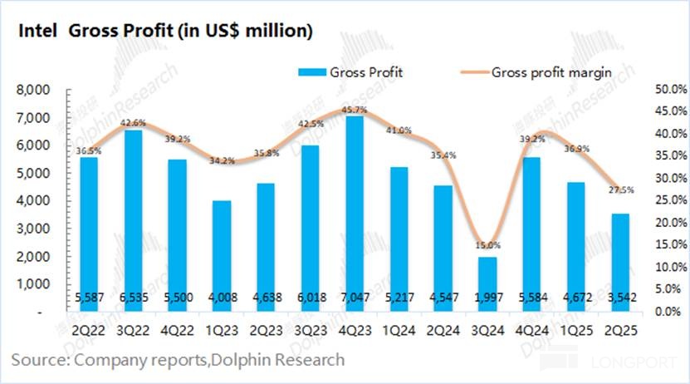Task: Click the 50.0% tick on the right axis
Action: pos(661,90)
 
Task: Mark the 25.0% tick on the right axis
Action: pos(661,200)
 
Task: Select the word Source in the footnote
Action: pos(37,360)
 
